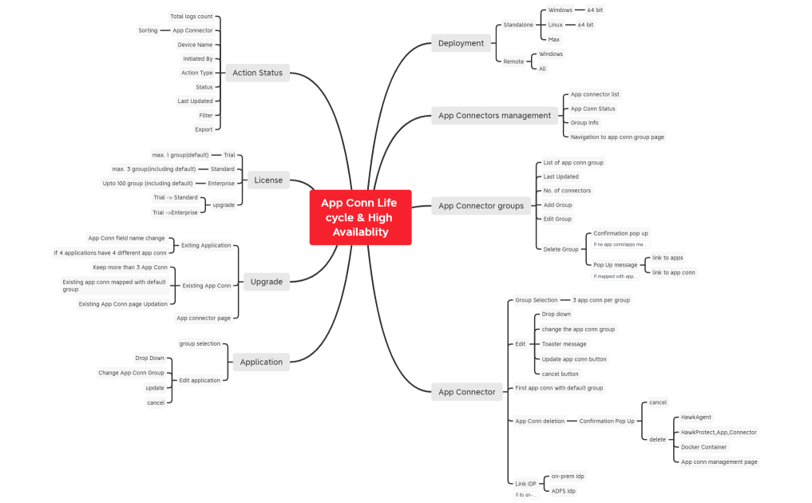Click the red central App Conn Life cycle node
[360, 217]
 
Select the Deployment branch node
[461, 43]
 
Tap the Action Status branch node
[257, 73]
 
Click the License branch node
[268, 180]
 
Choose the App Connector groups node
[481, 205]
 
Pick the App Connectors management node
[494, 115]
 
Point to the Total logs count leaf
[192, 16]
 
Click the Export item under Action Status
[204, 129]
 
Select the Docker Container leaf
[703, 447]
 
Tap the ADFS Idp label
[563, 490]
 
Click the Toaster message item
[564, 344]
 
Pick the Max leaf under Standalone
[554, 39]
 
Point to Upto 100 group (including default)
[169, 183]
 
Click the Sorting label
[148, 30]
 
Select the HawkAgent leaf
[696, 417]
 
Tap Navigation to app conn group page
[617, 137]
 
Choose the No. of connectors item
[567, 191]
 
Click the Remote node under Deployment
[514, 61]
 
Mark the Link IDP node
[526, 484]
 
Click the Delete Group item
[560, 249]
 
